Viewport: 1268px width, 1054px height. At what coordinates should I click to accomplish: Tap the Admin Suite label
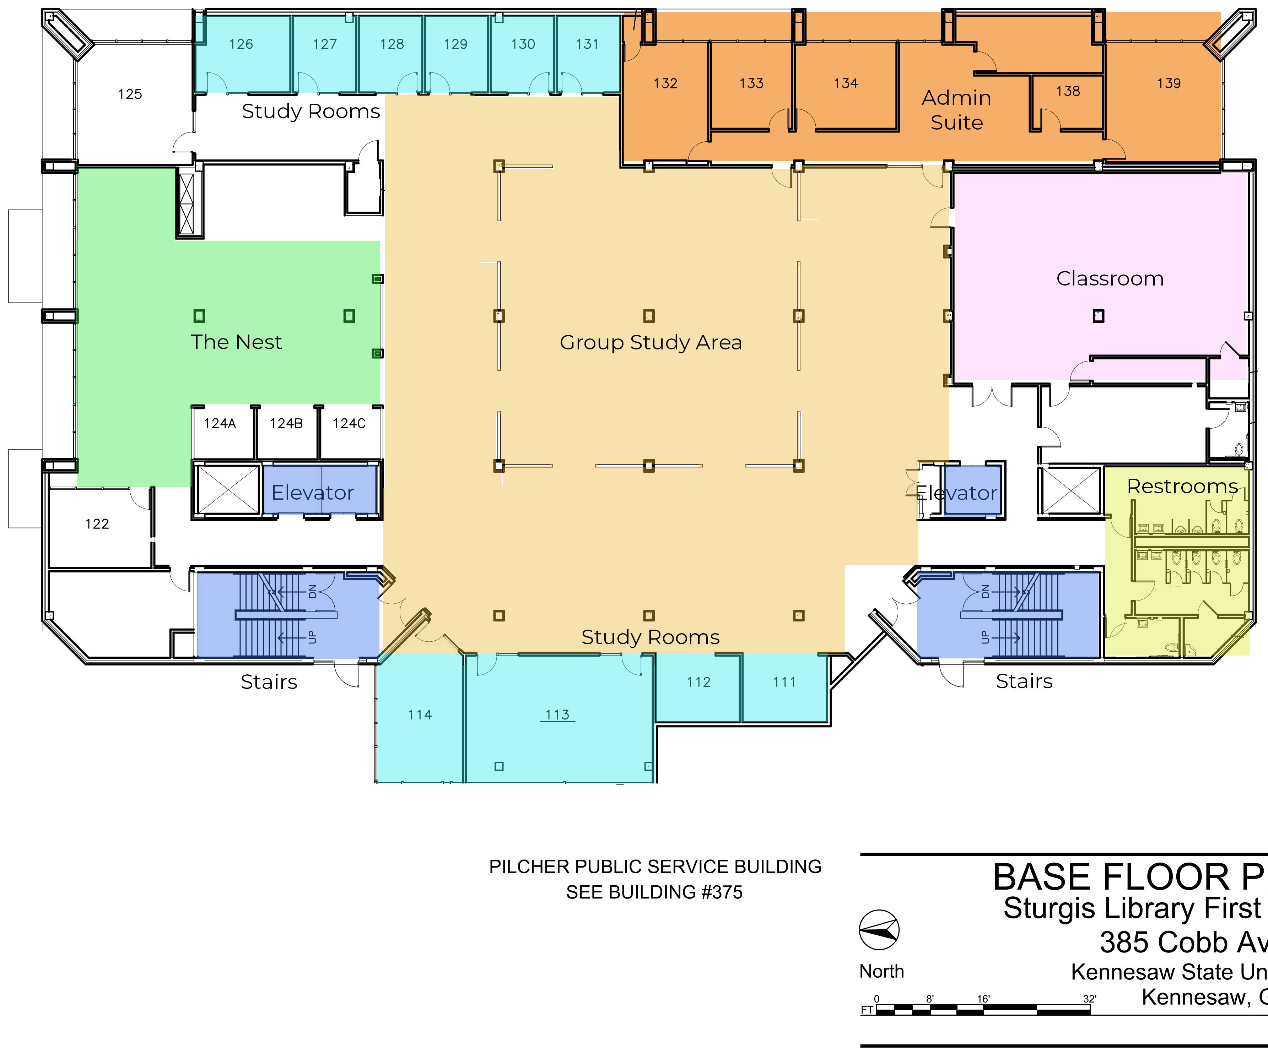[956, 110]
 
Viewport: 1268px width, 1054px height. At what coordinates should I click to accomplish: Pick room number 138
[1068, 91]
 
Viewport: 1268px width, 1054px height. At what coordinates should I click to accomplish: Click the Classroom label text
[1110, 278]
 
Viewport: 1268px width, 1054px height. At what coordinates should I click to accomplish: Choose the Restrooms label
[1182, 486]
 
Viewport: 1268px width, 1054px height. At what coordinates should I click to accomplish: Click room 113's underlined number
[557, 715]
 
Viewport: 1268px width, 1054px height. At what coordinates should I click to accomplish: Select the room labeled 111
[784, 682]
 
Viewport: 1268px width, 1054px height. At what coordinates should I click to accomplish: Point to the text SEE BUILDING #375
[654, 892]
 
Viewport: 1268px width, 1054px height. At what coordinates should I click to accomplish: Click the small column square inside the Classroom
[1098, 316]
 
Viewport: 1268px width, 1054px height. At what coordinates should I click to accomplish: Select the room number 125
[130, 94]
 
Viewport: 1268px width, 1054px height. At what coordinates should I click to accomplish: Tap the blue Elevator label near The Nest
[312, 493]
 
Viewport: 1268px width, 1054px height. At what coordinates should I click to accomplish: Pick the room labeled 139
[1169, 83]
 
